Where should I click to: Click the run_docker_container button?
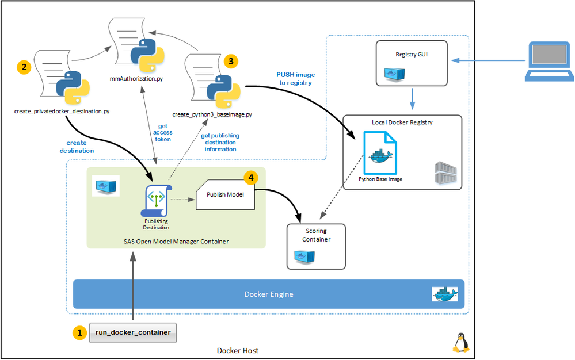[133, 333]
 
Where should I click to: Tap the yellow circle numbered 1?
[78, 333]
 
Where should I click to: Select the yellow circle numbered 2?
[24, 67]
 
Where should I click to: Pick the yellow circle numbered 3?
[231, 60]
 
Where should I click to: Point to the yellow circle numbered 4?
[250, 178]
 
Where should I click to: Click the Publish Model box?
[226, 194]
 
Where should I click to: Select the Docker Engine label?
[269, 294]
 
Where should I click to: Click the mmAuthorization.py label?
[140, 78]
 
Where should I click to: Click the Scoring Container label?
[317, 235]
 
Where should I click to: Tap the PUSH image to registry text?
[295, 79]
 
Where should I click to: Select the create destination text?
[77, 147]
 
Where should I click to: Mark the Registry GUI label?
[411, 55]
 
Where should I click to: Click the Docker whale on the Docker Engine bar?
[445, 294]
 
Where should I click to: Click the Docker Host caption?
[238, 350]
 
